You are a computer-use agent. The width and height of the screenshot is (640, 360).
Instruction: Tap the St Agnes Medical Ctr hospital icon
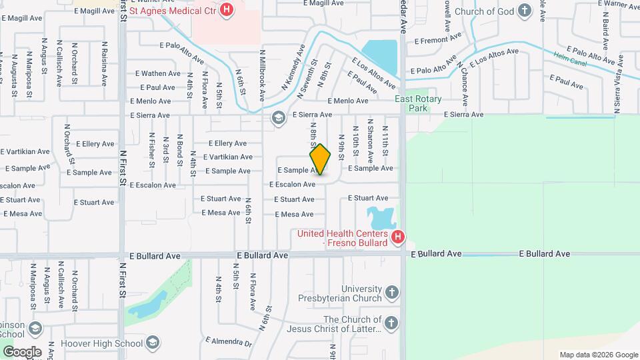point(227,9)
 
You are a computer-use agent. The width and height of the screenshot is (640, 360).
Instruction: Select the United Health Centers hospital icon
point(398,237)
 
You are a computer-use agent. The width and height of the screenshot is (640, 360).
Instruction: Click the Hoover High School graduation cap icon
point(154,343)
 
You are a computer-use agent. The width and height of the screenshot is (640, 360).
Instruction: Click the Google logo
point(22,351)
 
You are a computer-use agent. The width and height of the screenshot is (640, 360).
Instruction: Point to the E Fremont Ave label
point(437,40)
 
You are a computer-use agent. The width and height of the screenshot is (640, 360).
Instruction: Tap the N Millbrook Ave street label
point(263,75)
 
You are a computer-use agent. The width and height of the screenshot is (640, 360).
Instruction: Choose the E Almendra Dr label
point(228,343)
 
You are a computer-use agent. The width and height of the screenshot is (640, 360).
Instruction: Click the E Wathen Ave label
point(158,73)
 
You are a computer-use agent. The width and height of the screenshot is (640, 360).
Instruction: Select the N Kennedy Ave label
point(293,67)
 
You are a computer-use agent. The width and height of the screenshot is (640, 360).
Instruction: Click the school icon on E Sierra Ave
point(278,118)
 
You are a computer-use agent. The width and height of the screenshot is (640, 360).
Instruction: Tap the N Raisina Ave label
point(105,63)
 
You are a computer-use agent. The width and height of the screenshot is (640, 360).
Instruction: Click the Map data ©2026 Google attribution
point(598,355)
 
